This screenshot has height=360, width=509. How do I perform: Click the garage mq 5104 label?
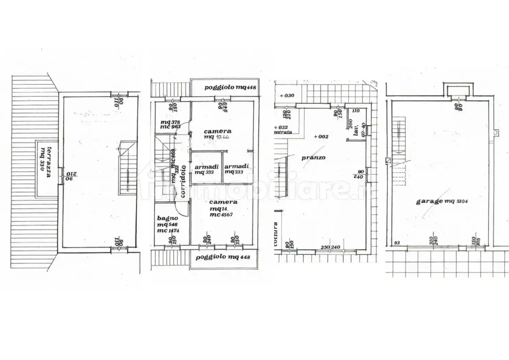[x=442, y=201]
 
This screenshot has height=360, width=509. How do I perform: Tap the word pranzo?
[x=313, y=158]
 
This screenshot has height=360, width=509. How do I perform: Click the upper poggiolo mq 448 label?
[x=230, y=87]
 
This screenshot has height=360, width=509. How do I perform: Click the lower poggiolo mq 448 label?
[x=223, y=257]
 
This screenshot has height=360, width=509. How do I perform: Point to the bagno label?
[x=167, y=218]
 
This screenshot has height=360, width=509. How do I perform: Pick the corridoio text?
[x=183, y=181]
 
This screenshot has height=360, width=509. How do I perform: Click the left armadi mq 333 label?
[x=207, y=169]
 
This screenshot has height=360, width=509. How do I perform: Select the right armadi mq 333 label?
[x=236, y=169]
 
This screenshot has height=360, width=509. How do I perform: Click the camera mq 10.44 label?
[x=218, y=134]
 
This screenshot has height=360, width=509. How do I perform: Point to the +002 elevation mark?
[x=321, y=136]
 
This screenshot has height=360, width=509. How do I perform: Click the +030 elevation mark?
[x=287, y=96]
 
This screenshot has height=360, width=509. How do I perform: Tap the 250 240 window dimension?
[x=330, y=247]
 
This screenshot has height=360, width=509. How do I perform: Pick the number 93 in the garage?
[x=397, y=243]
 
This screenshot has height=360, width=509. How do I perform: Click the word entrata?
[x=283, y=132]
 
